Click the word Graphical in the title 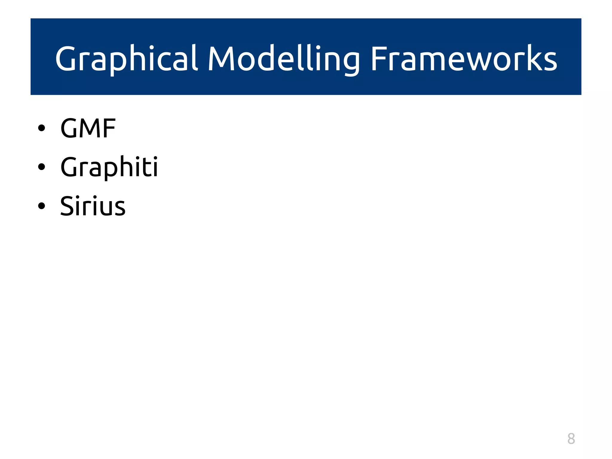click(126, 59)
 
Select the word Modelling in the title click(284, 59)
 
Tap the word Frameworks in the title click(464, 59)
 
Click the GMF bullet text click(88, 128)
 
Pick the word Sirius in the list click(93, 206)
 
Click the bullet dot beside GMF click(42, 128)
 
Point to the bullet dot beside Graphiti click(42, 167)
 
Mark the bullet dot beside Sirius click(42, 206)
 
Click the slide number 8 click(571, 439)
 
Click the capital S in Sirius click(67, 206)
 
